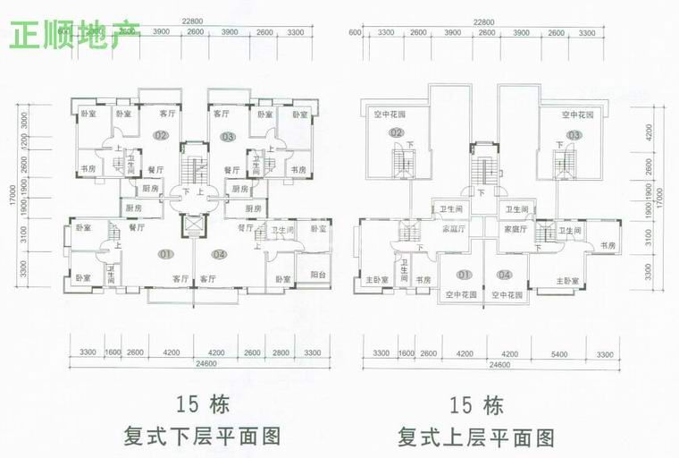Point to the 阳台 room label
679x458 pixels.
(317, 275)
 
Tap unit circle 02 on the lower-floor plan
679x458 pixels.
(161, 136)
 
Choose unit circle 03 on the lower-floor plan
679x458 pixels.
(228, 136)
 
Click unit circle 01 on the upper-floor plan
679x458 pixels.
(463, 274)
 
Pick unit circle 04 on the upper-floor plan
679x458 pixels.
(505, 274)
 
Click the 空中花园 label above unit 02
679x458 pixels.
(390, 114)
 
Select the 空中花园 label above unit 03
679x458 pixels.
(578, 114)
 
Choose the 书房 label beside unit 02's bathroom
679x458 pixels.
(88, 169)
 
